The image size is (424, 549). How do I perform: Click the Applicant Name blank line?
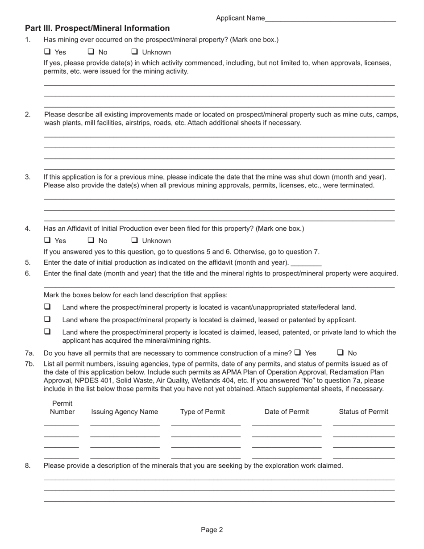[330, 19]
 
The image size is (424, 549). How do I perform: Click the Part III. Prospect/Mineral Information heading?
[97, 29]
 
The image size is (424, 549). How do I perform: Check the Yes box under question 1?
[47, 52]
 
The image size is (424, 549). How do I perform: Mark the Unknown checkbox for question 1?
[135, 52]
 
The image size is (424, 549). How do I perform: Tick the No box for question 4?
[91, 240]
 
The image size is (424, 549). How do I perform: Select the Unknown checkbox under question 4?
[135, 240]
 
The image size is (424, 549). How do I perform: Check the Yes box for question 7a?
[298, 352]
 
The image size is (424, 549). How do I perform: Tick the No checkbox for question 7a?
[341, 352]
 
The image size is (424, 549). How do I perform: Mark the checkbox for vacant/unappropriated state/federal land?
[47, 307]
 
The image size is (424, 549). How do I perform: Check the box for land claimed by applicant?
[47, 319]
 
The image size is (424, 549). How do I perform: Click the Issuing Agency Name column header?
[125, 412]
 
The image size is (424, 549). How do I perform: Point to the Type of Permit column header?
[203, 412]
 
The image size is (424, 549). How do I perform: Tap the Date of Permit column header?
[287, 412]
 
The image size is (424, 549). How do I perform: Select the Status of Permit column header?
[363, 412]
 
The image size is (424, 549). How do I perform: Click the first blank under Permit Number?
[62, 424]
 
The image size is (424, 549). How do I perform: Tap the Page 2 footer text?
[212, 530]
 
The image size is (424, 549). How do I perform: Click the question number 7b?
[29, 364]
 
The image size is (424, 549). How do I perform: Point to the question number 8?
[28, 466]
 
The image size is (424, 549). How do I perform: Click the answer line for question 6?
[219, 285]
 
